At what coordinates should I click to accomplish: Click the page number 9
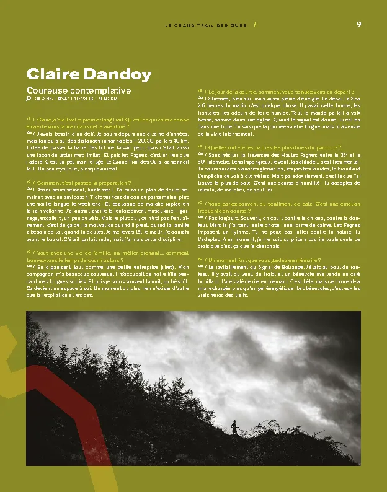359,25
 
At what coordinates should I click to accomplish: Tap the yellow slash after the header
255,25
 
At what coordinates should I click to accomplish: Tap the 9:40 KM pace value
107,99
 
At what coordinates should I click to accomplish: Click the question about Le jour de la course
279,91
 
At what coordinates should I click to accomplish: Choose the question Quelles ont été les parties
273,147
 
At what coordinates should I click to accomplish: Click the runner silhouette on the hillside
234,427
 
